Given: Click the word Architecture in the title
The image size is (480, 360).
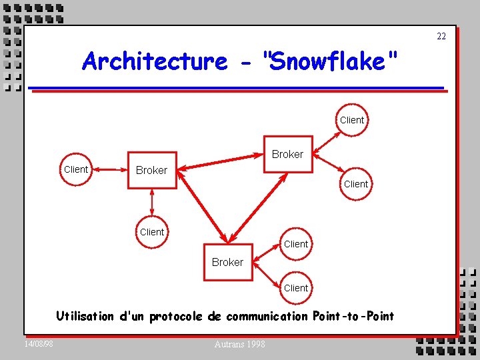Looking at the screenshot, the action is (155, 61).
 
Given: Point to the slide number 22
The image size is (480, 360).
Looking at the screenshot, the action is (441, 36).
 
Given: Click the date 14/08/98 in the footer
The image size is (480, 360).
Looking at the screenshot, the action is (39, 343).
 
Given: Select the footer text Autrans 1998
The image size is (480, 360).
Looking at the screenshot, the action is (239, 344).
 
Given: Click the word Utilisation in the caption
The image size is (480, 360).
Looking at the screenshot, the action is (85, 316).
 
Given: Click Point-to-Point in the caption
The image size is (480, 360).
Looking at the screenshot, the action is (353, 316).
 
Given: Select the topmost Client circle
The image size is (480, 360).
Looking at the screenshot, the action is (351, 120).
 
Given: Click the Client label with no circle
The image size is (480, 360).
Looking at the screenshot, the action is (75, 169).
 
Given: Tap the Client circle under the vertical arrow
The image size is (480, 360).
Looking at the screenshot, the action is (152, 232).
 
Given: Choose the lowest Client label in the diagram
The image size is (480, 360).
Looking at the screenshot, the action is (295, 288).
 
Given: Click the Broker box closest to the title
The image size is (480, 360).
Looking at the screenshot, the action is (287, 154).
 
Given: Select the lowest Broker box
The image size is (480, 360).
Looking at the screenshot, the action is (227, 262).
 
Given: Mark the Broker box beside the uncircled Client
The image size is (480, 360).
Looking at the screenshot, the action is (151, 170).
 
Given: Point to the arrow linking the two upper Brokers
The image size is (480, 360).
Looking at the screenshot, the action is (220, 162).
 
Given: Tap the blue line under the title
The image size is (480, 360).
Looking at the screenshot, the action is (237, 87).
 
